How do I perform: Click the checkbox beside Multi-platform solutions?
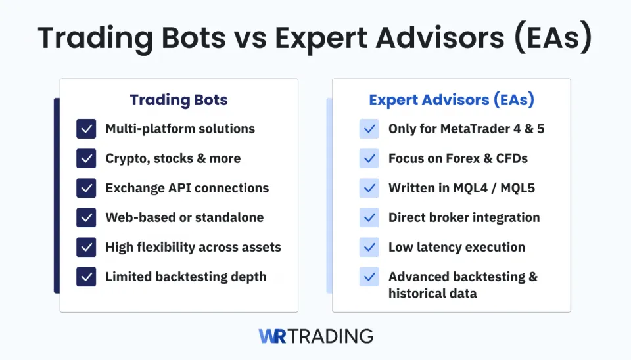click(x=86, y=129)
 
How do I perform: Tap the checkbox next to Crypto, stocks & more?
click(x=86, y=158)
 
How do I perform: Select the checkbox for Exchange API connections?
click(x=86, y=188)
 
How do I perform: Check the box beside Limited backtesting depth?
click(x=86, y=277)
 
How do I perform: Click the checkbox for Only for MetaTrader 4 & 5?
click(x=369, y=129)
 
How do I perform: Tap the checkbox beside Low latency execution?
click(x=369, y=247)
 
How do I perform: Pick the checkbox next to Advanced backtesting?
click(x=369, y=277)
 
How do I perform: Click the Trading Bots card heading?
click(x=179, y=100)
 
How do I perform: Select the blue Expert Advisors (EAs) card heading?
click(x=452, y=100)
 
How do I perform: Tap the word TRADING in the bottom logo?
click(x=331, y=336)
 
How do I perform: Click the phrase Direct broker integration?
click(x=464, y=217)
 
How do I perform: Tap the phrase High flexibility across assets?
click(x=193, y=247)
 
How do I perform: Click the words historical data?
click(x=432, y=293)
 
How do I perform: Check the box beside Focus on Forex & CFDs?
click(x=369, y=158)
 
